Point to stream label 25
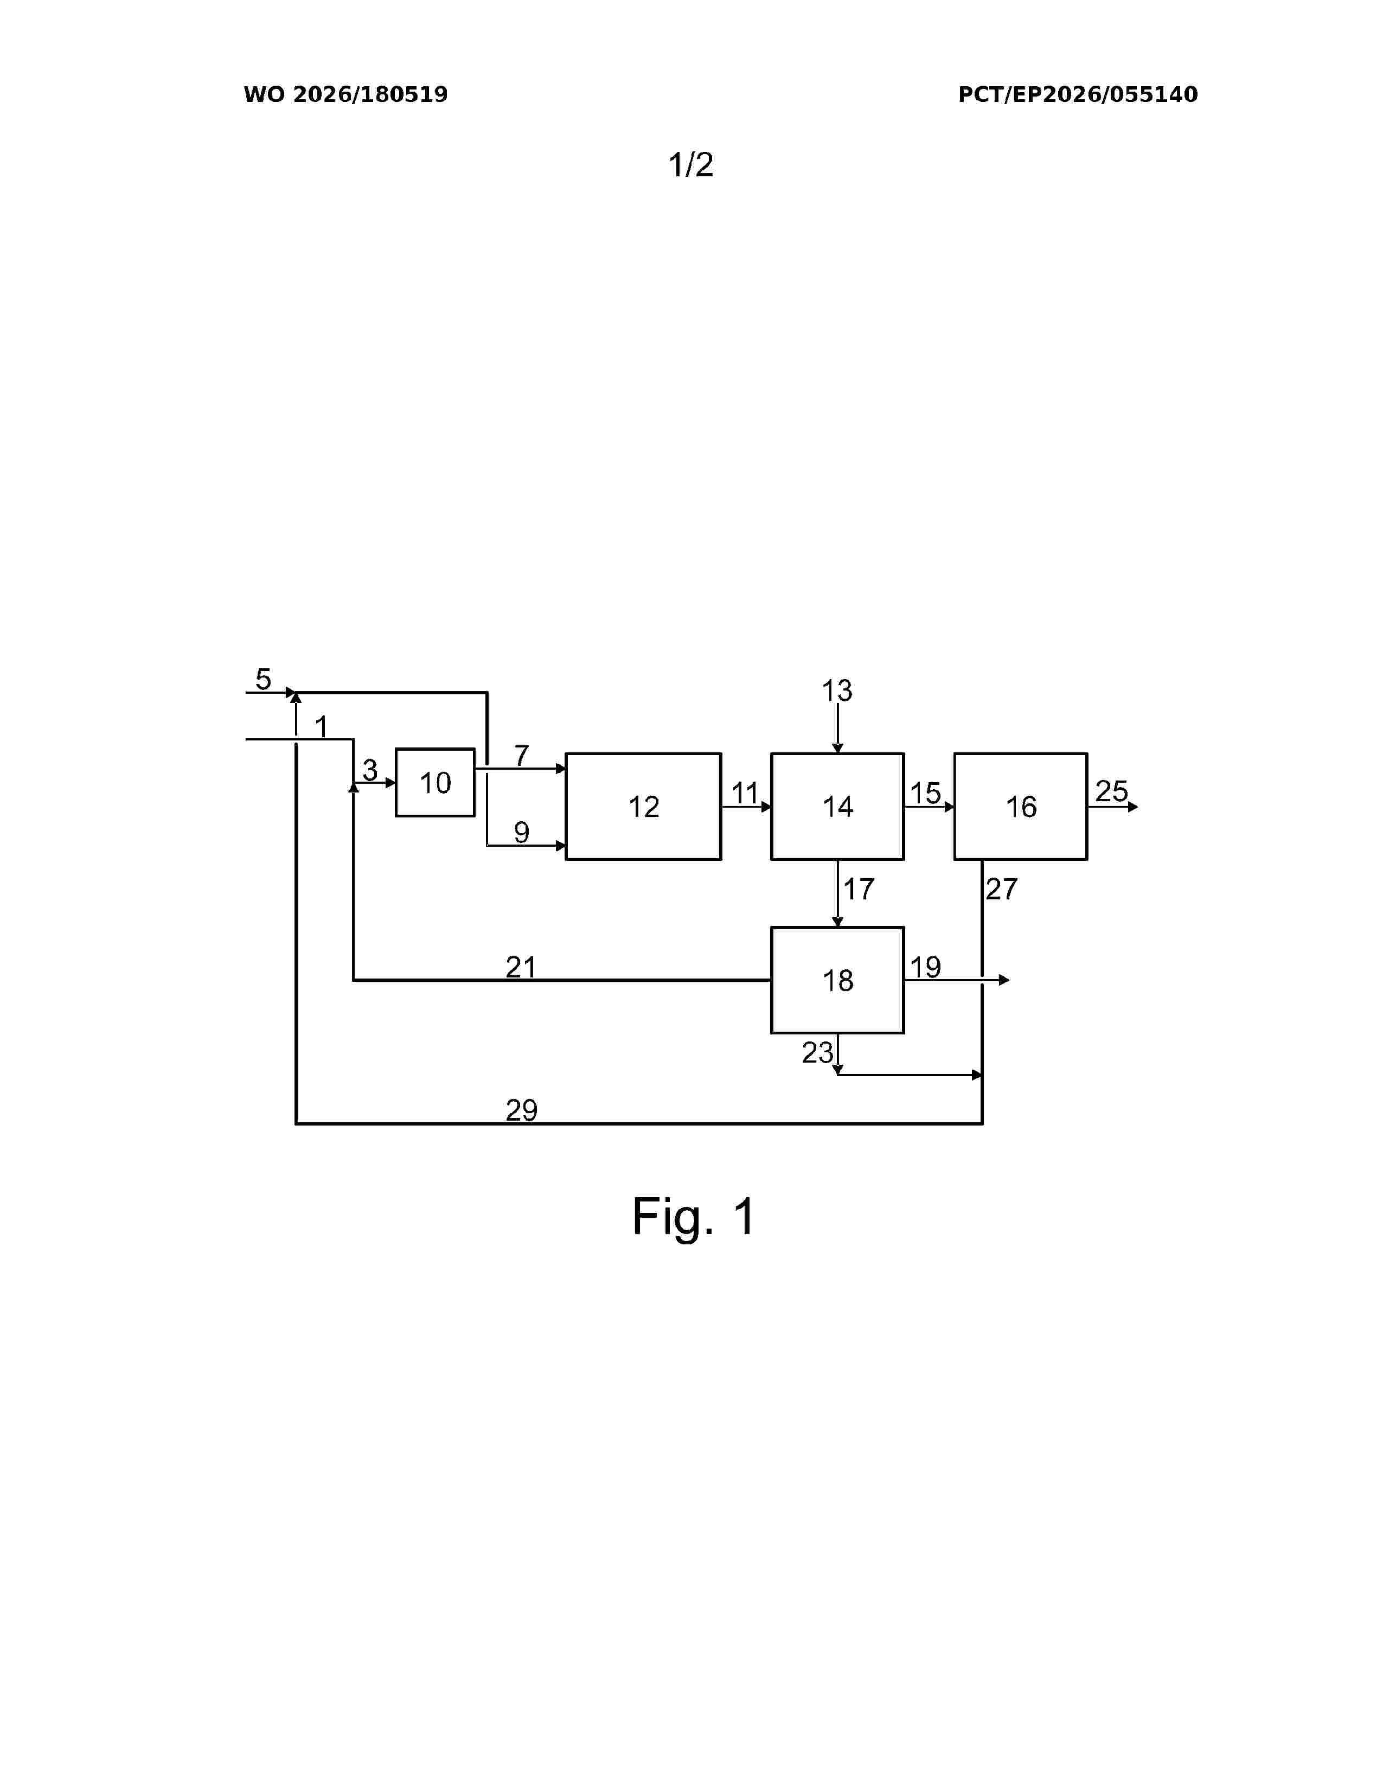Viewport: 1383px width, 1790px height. tap(1112, 791)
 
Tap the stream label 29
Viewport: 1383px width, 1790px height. tap(522, 1110)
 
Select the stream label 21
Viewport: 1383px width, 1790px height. tap(521, 968)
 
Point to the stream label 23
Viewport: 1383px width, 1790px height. tap(818, 1052)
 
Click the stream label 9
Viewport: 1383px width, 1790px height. tap(522, 833)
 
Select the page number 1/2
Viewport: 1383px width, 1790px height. tap(690, 165)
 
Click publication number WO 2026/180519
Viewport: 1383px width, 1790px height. tap(346, 94)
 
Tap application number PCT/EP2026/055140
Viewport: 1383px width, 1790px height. tap(1078, 94)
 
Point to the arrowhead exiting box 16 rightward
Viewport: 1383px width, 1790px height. tap(1133, 807)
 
